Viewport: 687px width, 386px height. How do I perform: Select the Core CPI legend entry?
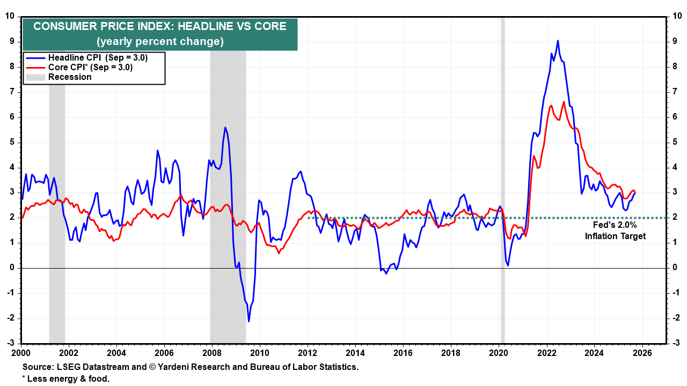point(90,68)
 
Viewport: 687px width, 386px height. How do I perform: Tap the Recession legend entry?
point(70,77)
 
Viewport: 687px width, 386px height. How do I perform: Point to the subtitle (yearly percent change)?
point(160,41)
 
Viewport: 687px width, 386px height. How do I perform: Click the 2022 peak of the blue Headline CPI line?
point(558,41)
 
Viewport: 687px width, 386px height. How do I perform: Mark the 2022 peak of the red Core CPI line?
point(564,102)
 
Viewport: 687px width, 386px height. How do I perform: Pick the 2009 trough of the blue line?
point(249,321)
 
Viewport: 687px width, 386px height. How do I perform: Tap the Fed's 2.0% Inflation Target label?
point(615,231)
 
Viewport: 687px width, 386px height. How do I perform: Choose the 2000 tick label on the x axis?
point(21,353)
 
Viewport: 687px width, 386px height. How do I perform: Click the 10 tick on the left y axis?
point(10,16)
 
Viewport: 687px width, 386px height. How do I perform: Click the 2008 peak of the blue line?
point(225,128)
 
